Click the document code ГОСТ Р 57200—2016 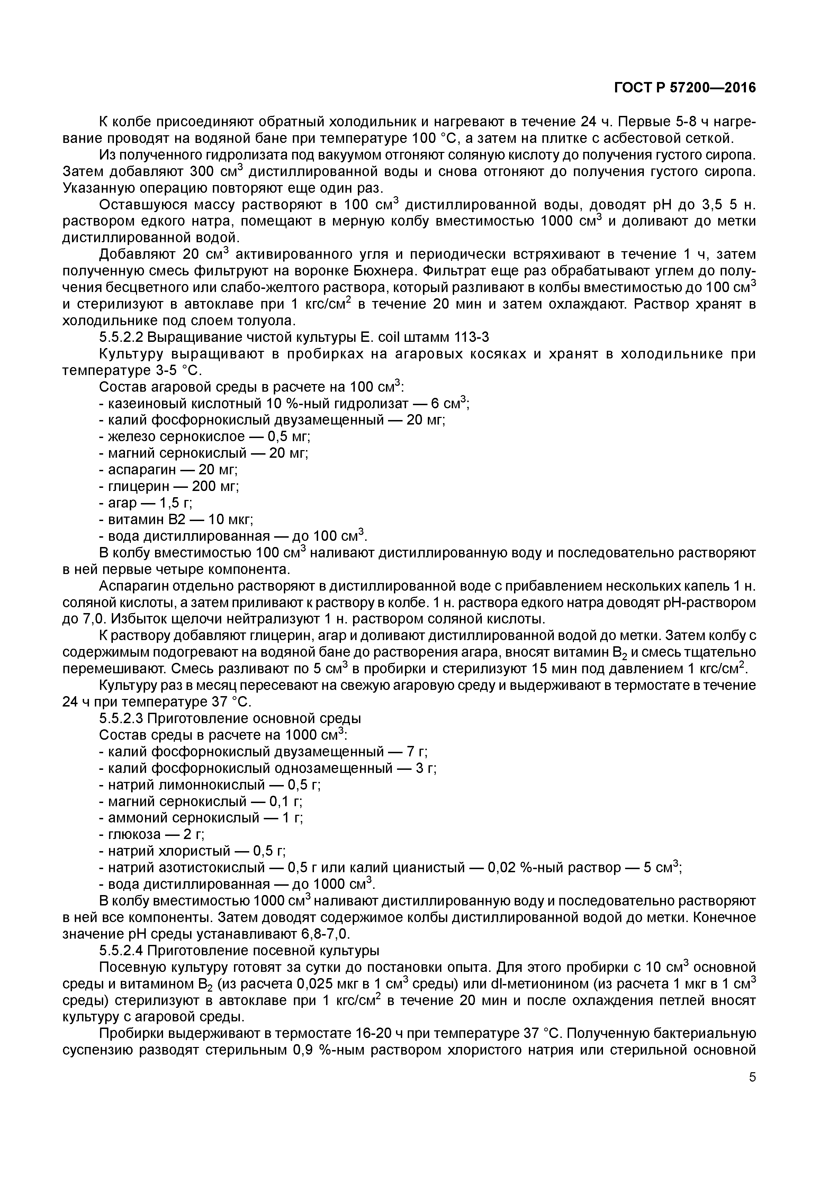coord(685,88)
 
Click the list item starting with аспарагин coord(168,470)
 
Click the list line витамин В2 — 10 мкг coord(175,519)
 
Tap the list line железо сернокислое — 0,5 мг coord(205,437)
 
